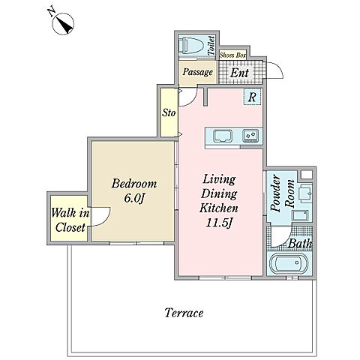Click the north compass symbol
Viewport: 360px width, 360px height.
63,23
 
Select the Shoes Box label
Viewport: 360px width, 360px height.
232,55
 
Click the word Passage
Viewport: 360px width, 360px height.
197,72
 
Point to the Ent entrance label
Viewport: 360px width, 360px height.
239,73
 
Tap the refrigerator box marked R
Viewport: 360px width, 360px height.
252,97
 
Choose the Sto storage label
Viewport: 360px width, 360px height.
169,112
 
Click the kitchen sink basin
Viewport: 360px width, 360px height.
223,136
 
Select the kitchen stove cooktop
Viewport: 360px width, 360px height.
250,136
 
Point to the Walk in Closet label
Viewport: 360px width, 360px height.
70,220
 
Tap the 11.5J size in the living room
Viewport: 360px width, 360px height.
219,223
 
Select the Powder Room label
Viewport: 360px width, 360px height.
283,193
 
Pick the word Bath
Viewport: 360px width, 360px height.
300,244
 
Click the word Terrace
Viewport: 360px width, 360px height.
184,313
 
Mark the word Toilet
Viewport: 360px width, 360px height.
211,46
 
